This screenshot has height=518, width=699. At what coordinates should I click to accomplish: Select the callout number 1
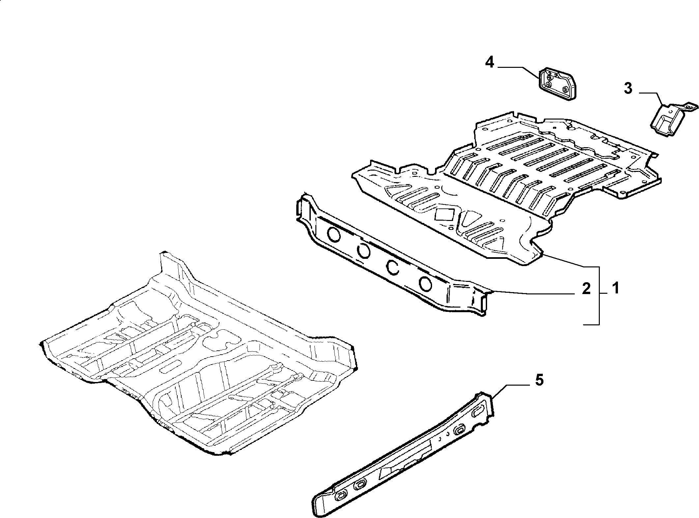coord(615,288)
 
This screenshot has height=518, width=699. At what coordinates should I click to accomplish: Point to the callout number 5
coord(539,380)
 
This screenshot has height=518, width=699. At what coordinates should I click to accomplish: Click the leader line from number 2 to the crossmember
coord(536,291)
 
